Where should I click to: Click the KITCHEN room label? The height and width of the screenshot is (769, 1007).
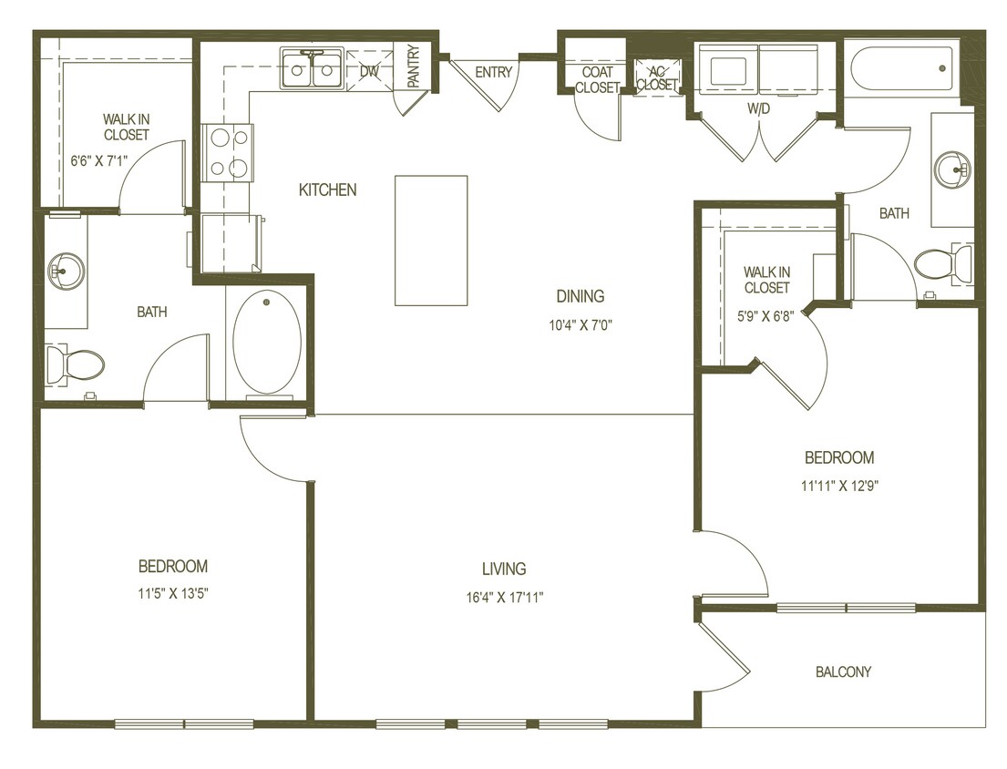point(327,190)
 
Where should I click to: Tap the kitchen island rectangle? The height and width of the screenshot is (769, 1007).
point(430,240)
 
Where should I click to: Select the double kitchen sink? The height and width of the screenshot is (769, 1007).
point(312,71)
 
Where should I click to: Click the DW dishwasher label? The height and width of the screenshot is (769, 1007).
point(369,71)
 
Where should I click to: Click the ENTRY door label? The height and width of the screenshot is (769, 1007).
point(493,73)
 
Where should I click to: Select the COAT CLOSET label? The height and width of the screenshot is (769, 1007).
point(597,80)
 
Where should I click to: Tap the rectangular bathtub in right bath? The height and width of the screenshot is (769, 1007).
point(901,67)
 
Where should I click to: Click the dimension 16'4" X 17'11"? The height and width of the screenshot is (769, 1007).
point(504,598)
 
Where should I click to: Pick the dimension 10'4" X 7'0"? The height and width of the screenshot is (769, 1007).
point(581,325)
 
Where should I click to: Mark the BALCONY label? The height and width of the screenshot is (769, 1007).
point(843,672)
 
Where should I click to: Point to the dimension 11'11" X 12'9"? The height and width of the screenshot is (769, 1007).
point(838,485)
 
